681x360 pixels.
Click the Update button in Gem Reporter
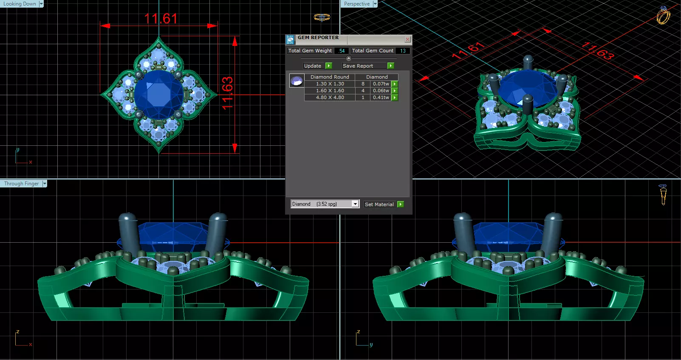pyautogui.click(x=313, y=66)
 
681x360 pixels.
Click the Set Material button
pyautogui.click(x=379, y=204)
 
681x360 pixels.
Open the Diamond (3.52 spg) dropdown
pyautogui.click(x=355, y=204)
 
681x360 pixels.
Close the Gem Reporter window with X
pyautogui.click(x=407, y=40)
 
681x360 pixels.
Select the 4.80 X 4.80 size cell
pyautogui.click(x=330, y=97)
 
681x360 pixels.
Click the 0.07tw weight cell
pyautogui.click(x=381, y=84)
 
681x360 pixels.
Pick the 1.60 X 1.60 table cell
pyautogui.click(x=330, y=91)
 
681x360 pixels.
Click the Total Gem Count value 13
pyautogui.click(x=403, y=51)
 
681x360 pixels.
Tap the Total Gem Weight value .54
pyautogui.click(x=342, y=51)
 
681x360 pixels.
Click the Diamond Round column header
pyautogui.click(x=330, y=77)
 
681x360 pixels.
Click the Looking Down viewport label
pyautogui.click(x=20, y=4)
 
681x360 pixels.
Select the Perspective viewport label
pyautogui.click(x=357, y=4)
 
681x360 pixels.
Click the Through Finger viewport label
pyautogui.click(x=21, y=184)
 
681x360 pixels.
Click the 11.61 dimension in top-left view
pyautogui.click(x=161, y=19)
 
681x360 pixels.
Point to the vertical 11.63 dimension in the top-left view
pyautogui.click(x=227, y=93)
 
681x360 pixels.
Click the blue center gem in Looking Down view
pyautogui.click(x=158, y=94)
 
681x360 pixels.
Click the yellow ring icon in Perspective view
pyautogui.click(x=663, y=16)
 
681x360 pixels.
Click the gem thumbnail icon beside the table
pyautogui.click(x=297, y=80)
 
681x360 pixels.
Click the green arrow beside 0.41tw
pyautogui.click(x=395, y=97)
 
